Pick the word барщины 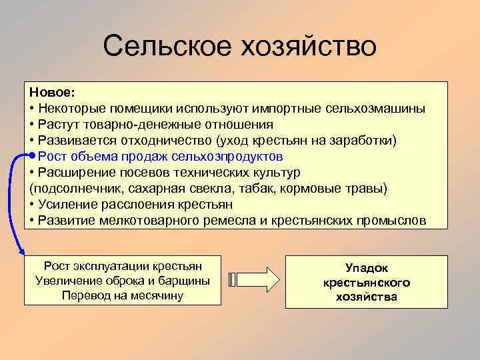click(x=187, y=281)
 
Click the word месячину click(x=155, y=295)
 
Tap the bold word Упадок click(x=367, y=267)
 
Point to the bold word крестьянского click(x=367, y=283)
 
